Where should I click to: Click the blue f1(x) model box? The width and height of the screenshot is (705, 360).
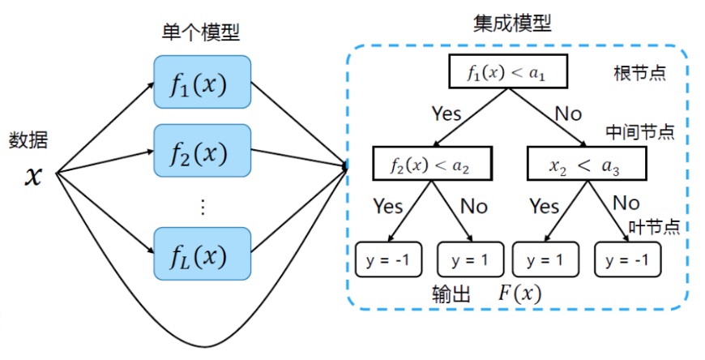201,83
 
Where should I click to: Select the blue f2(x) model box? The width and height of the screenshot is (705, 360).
201,152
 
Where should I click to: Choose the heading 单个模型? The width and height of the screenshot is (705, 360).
200,33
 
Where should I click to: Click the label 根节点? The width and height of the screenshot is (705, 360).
639,73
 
